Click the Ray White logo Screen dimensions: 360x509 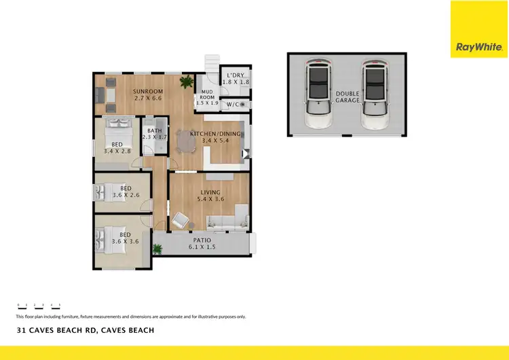pyautogui.click(x=479, y=47)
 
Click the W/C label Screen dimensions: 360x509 pyautogui.click(x=233, y=105)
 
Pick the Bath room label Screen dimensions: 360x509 pyautogui.click(x=154, y=132)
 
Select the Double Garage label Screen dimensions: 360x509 pyautogui.click(x=347, y=97)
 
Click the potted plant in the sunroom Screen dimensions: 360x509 pyautogui.click(x=185, y=83)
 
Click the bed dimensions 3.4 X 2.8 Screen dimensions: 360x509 pyautogui.click(x=117, y=151)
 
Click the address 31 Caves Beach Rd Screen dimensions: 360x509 pyautogui.click(x=86, y=330)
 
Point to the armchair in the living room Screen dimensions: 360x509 pyautogui.click(x=181, y=220)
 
